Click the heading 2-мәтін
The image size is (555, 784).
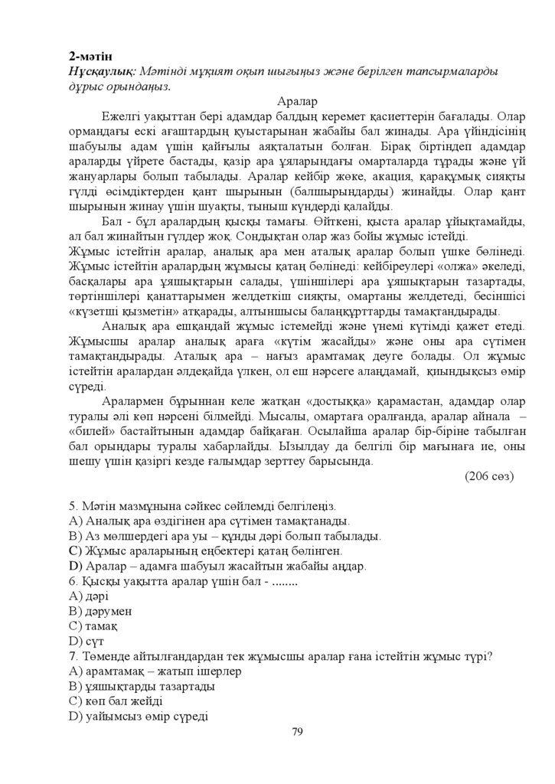[x=90, y=56]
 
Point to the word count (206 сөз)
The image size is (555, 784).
[x=489, y=475]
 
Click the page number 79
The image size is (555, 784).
[x=297, y=732]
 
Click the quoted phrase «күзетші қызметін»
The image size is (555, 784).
[x=123, y=311]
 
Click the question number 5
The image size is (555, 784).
[x=71, y=506]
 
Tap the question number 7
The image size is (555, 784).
[x=71, y=655]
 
